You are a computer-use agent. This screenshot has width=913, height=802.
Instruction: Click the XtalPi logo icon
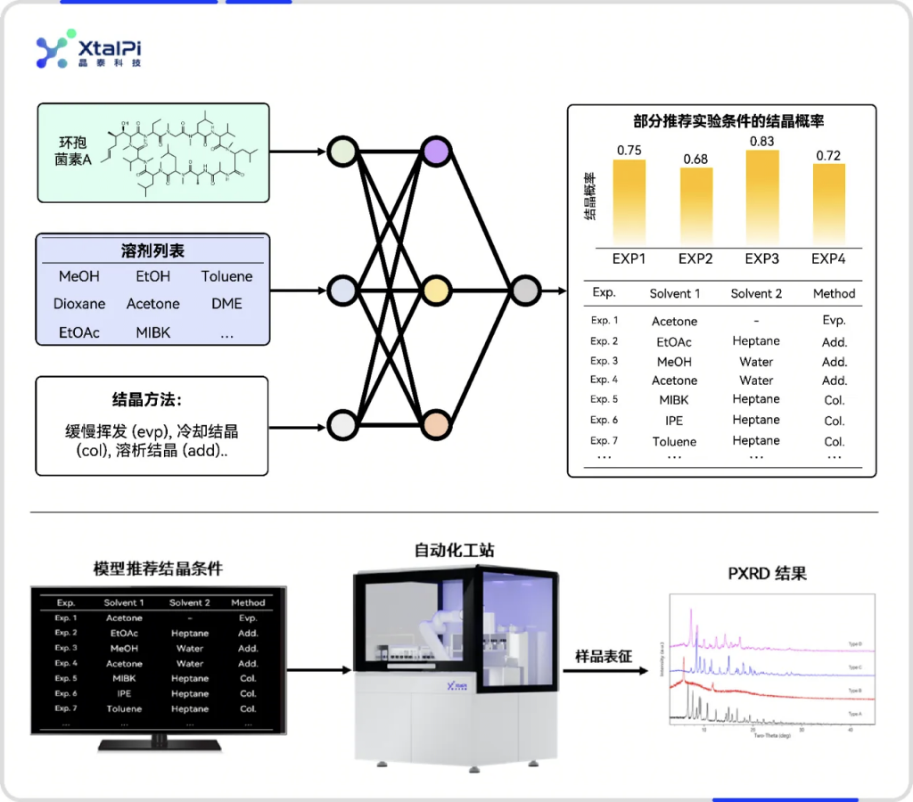coord(52,53)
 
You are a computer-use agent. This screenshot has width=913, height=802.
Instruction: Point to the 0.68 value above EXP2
coord(695,160)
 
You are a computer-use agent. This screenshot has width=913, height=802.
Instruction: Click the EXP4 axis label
coord(828,259)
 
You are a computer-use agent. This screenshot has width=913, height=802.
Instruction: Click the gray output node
coord(525,291)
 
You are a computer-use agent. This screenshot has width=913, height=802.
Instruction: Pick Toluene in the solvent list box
coord(226,276)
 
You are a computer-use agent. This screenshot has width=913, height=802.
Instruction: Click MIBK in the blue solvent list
coord(153,332)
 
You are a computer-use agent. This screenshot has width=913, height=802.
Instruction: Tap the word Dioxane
coord(79,304)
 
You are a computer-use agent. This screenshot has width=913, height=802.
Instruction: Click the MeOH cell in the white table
coord(674,362)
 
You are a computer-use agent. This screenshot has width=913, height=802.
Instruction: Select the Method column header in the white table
coord(834,293)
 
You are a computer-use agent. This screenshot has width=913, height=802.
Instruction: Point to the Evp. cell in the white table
coord(834,321)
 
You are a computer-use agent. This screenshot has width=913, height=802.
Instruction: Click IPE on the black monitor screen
coord(124,693)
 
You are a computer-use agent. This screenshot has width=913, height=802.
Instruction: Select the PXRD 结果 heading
coord(767,573)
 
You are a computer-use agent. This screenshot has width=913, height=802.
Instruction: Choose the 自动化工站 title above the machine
coord(454,551)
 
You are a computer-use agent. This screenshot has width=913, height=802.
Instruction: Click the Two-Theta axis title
coord(772,736)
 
